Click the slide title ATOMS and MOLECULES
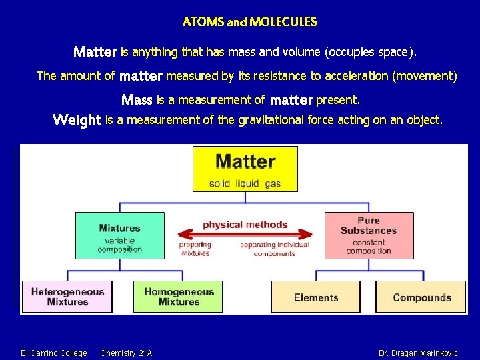point(249,22)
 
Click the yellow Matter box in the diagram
point(245,168)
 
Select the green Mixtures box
point(120,235)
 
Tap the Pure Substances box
point(369,235)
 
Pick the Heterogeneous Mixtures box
point(67,297)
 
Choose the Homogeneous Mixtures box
point(178,297)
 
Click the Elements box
point(315,297)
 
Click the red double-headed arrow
point(245,234)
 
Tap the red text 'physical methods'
point(245,224)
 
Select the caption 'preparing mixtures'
point(195,249)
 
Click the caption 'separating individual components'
point(275,249)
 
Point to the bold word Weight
point(77,120)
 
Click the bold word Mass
point(137,100)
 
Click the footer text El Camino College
point(53,353)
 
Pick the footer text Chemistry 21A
point(126,353)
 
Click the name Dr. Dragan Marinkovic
point(418,353)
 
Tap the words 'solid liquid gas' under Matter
point(245,183)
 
